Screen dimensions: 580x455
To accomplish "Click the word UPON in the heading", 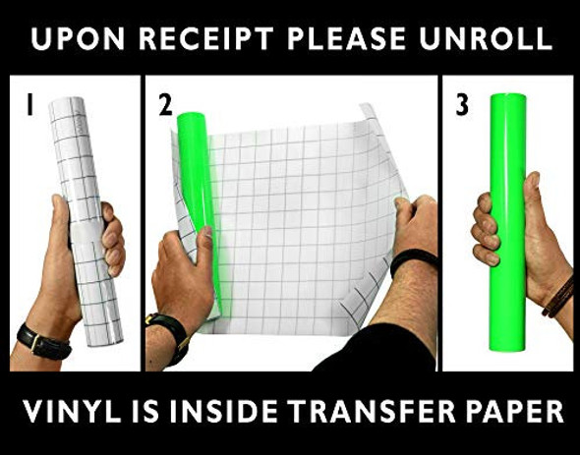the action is click(78, 38).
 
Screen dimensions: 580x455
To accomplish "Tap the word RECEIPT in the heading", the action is click(206, 38).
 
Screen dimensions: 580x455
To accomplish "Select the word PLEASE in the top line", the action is click(347, 38).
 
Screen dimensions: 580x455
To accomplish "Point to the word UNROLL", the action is click(486, 38).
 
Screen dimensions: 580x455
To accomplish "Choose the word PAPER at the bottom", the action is click(515, 411).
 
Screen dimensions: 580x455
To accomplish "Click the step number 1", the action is click(29, 104).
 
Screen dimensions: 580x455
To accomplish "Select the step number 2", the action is click(166, 105).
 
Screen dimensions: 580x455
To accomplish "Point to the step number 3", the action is click(462, 105).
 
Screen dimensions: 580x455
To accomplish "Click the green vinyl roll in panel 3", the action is click(508, 223).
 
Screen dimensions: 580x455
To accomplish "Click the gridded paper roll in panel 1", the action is click(86, 222).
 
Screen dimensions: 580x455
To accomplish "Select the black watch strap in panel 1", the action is click(43, 342).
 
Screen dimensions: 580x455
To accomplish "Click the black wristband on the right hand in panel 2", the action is click(414, 257).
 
